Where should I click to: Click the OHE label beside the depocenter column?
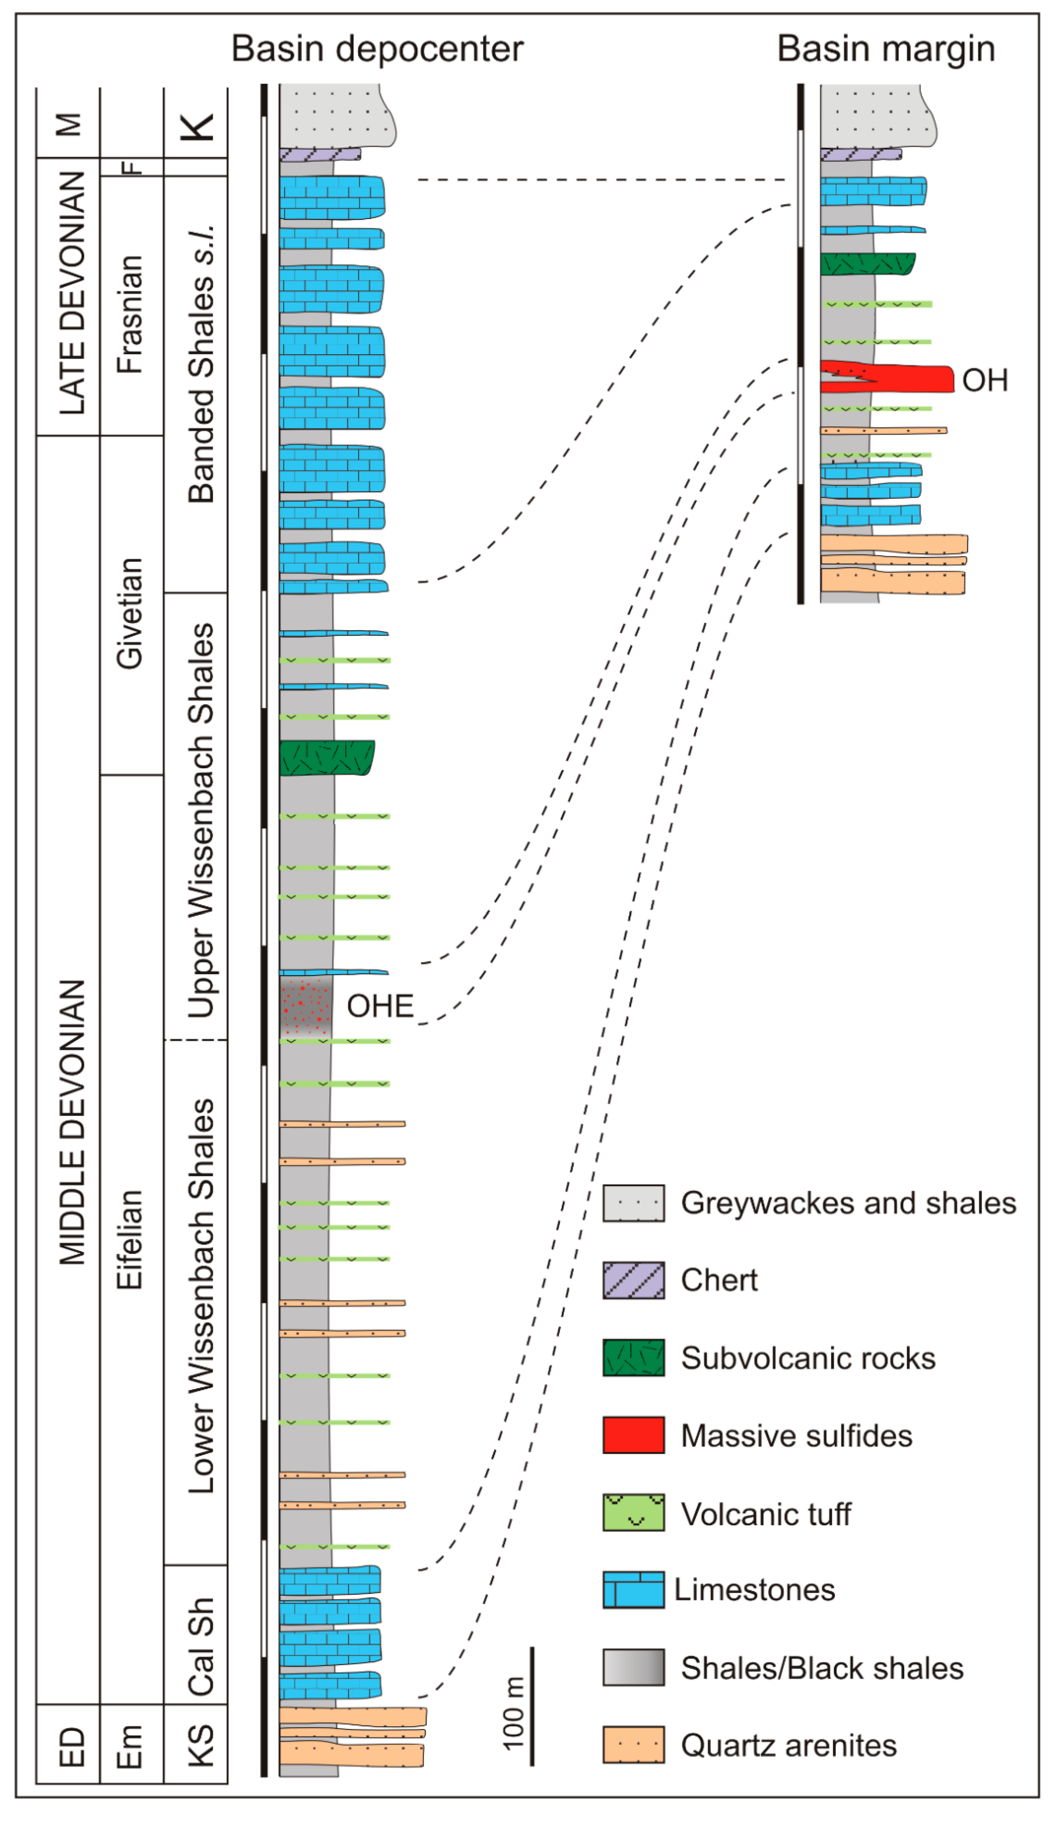(x=380, y=1006)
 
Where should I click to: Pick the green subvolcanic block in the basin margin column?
(x=867, y=264)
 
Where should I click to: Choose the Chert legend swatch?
(x=634, y=1280)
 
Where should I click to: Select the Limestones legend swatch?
(x=634, y=1590)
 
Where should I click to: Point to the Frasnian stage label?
(x=130, y=314)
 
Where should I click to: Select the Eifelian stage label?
(x=130, y=1239)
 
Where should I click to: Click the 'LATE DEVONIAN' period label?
(x=72, y=293)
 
